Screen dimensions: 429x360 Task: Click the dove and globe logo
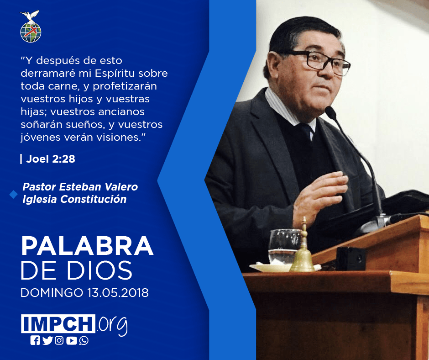point(31,26)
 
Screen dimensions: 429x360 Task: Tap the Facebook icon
point(35,340)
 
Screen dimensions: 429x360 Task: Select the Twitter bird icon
point(47,340)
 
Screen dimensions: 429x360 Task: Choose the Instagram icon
point(59,340)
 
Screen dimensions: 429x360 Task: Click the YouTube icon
point(71,340)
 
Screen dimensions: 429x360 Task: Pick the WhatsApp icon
point(84,340)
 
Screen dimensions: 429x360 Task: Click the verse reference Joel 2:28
point(51,159)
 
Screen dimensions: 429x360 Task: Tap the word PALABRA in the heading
point(87,246)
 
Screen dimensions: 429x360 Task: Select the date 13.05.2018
point(118,292)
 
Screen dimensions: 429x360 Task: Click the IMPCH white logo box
point(58,323)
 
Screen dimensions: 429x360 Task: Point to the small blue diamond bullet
point(13,194)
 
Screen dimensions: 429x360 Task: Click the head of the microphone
point(330,112)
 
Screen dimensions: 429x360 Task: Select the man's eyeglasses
point(319,62)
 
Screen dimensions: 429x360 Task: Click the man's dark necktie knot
point(306,128)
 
